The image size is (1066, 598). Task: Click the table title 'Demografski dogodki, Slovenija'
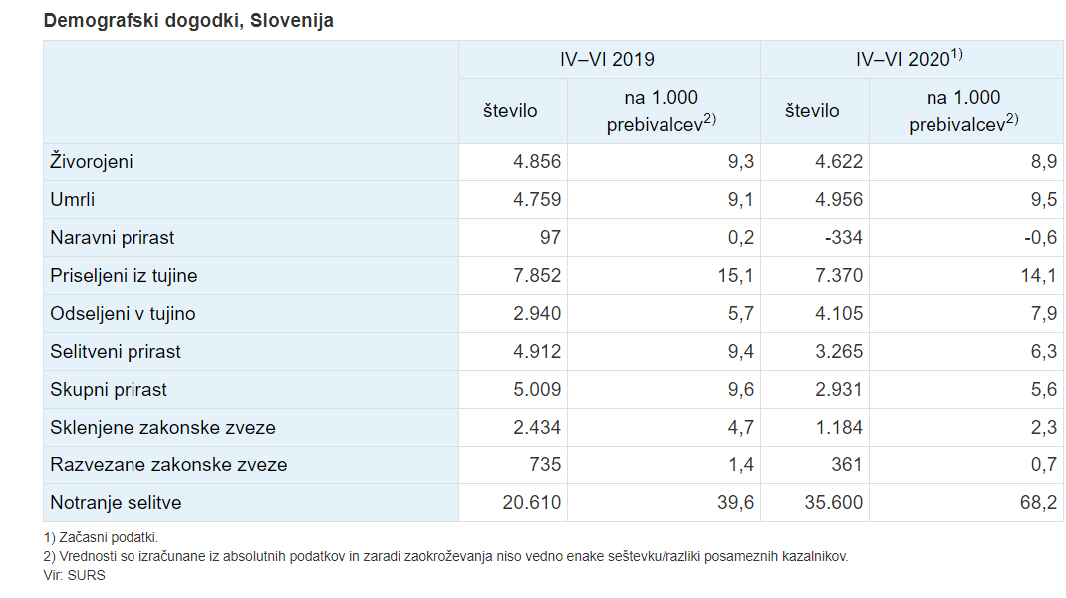(188, 21)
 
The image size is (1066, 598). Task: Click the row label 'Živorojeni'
(92, 162)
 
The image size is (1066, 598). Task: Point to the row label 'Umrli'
(73, 200)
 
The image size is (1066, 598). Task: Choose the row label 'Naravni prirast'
(113, 238)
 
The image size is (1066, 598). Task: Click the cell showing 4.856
(537, 162)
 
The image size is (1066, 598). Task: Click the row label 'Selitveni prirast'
(116, 352)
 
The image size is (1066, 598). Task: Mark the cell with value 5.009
(537, 390)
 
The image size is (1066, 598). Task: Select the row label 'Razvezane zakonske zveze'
(168, 465)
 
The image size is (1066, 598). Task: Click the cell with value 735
(545, 465)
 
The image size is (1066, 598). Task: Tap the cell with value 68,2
(1038, 503)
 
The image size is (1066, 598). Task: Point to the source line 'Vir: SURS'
(75, 575)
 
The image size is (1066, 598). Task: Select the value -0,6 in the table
(1038, 238)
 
